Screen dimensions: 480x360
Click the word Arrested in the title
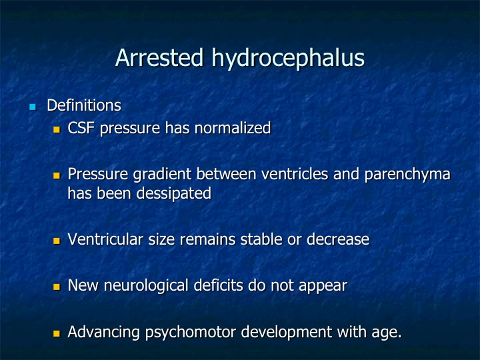tap(159, 57)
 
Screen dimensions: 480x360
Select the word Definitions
tap(84, 105)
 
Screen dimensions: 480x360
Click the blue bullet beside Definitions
tap(33, 107)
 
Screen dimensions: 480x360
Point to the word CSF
tap(81, 127)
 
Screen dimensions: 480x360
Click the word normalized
tap(233, 127)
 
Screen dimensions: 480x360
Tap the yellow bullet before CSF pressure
tap(57, 129)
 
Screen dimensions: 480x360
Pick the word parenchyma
tap(407, 175)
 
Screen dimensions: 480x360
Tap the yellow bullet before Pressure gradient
tap(57, 176)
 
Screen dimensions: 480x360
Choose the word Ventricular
tap(105, 239)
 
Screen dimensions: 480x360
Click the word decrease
tap(338, 239)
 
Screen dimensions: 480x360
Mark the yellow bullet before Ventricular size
tap(57, 241)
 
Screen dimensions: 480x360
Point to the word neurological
tap(146, 286)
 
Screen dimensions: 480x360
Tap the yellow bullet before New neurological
tap(57, 287)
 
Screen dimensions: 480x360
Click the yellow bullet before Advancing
tap(57, 333)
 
